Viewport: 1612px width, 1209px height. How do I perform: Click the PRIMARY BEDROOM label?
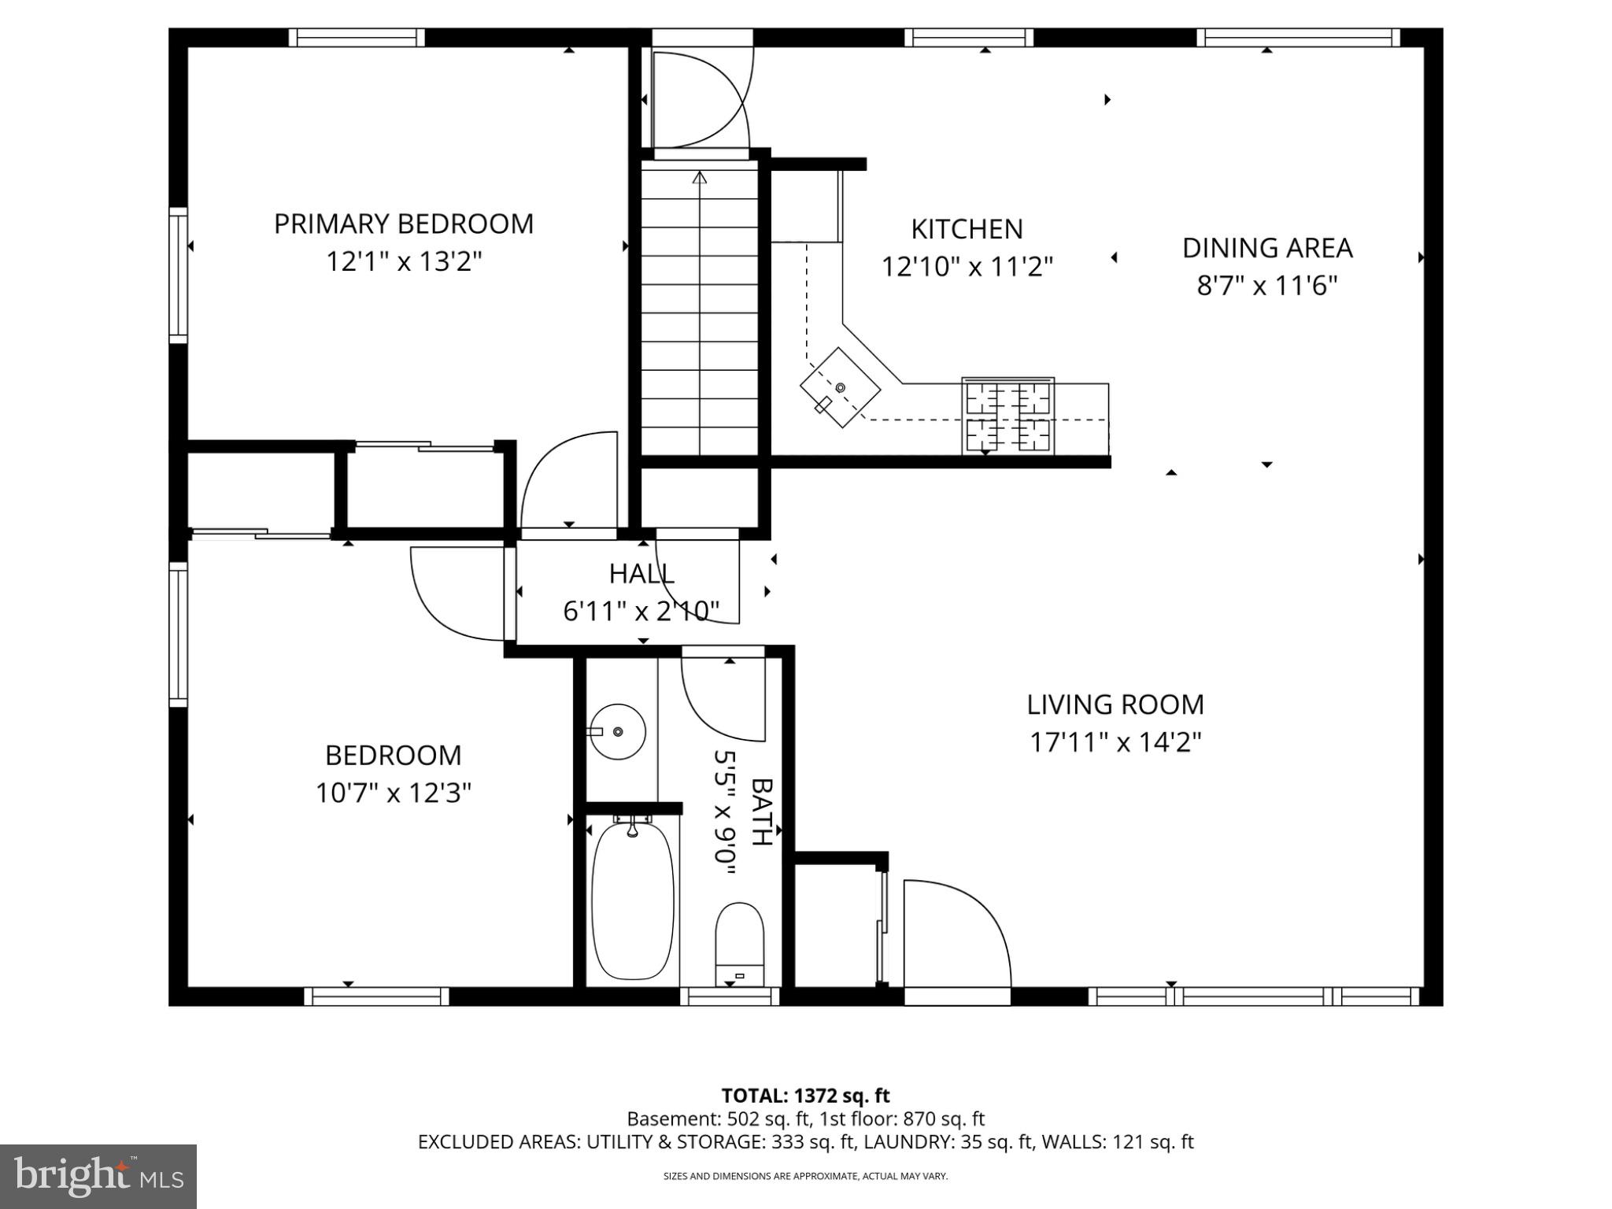(404, 224)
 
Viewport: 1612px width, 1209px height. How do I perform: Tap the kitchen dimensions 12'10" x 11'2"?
(967, 268)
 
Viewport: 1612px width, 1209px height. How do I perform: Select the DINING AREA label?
(1267, 248)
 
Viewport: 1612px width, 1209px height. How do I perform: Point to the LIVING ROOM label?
(1115, 704)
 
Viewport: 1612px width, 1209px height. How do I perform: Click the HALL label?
(641, 574)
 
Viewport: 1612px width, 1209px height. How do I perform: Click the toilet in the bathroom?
(740, 944)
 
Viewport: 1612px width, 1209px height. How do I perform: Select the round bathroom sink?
(618, 731)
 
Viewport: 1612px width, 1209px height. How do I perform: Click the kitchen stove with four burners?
(1007, 416)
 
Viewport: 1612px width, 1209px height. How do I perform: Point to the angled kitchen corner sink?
(840, 387)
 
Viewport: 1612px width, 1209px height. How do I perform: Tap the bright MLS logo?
(98, 1176)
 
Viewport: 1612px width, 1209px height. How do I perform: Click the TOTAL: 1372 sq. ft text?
(805, 1096)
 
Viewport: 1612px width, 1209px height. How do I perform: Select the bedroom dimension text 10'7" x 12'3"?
(394, 793)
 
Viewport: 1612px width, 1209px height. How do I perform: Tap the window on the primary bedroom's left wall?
(179, 275)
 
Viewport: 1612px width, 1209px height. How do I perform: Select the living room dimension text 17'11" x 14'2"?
(1116, 742)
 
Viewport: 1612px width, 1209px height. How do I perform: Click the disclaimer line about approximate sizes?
(805, 1176)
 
